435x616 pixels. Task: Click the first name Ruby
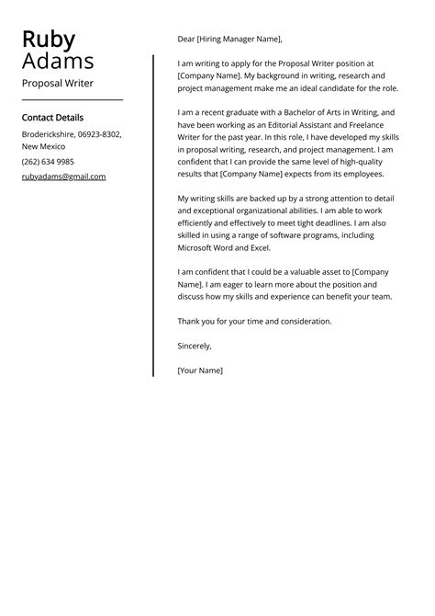click(x=49, y=39)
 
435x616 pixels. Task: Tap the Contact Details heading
click(x=52, y=118)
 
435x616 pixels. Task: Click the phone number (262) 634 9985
click(x=49, y=162)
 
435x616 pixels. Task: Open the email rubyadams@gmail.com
click(x=63, y=177)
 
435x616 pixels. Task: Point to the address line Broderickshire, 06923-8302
click(x=72, y=134)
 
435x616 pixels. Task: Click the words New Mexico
click(x=43, y=147)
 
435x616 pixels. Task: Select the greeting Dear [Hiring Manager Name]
click(x=229, y=40)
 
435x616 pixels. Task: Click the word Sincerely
click(x=195, y=346)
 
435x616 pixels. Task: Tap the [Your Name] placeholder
click(x=200, y=371)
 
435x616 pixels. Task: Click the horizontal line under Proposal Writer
click(x=72, y=100)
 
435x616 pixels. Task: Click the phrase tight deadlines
click(x=328, y=222)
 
